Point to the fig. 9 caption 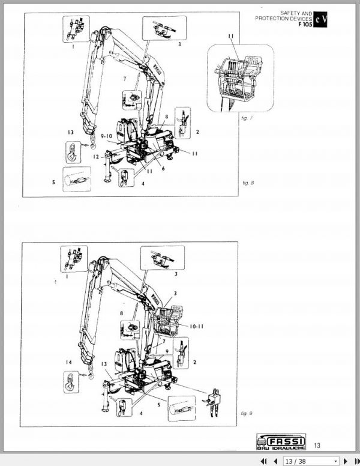245,414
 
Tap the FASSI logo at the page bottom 280,441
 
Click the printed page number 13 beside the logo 317,444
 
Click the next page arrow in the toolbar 345,461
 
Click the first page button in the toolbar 263,461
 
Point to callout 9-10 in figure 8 108,137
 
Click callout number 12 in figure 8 95,157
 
